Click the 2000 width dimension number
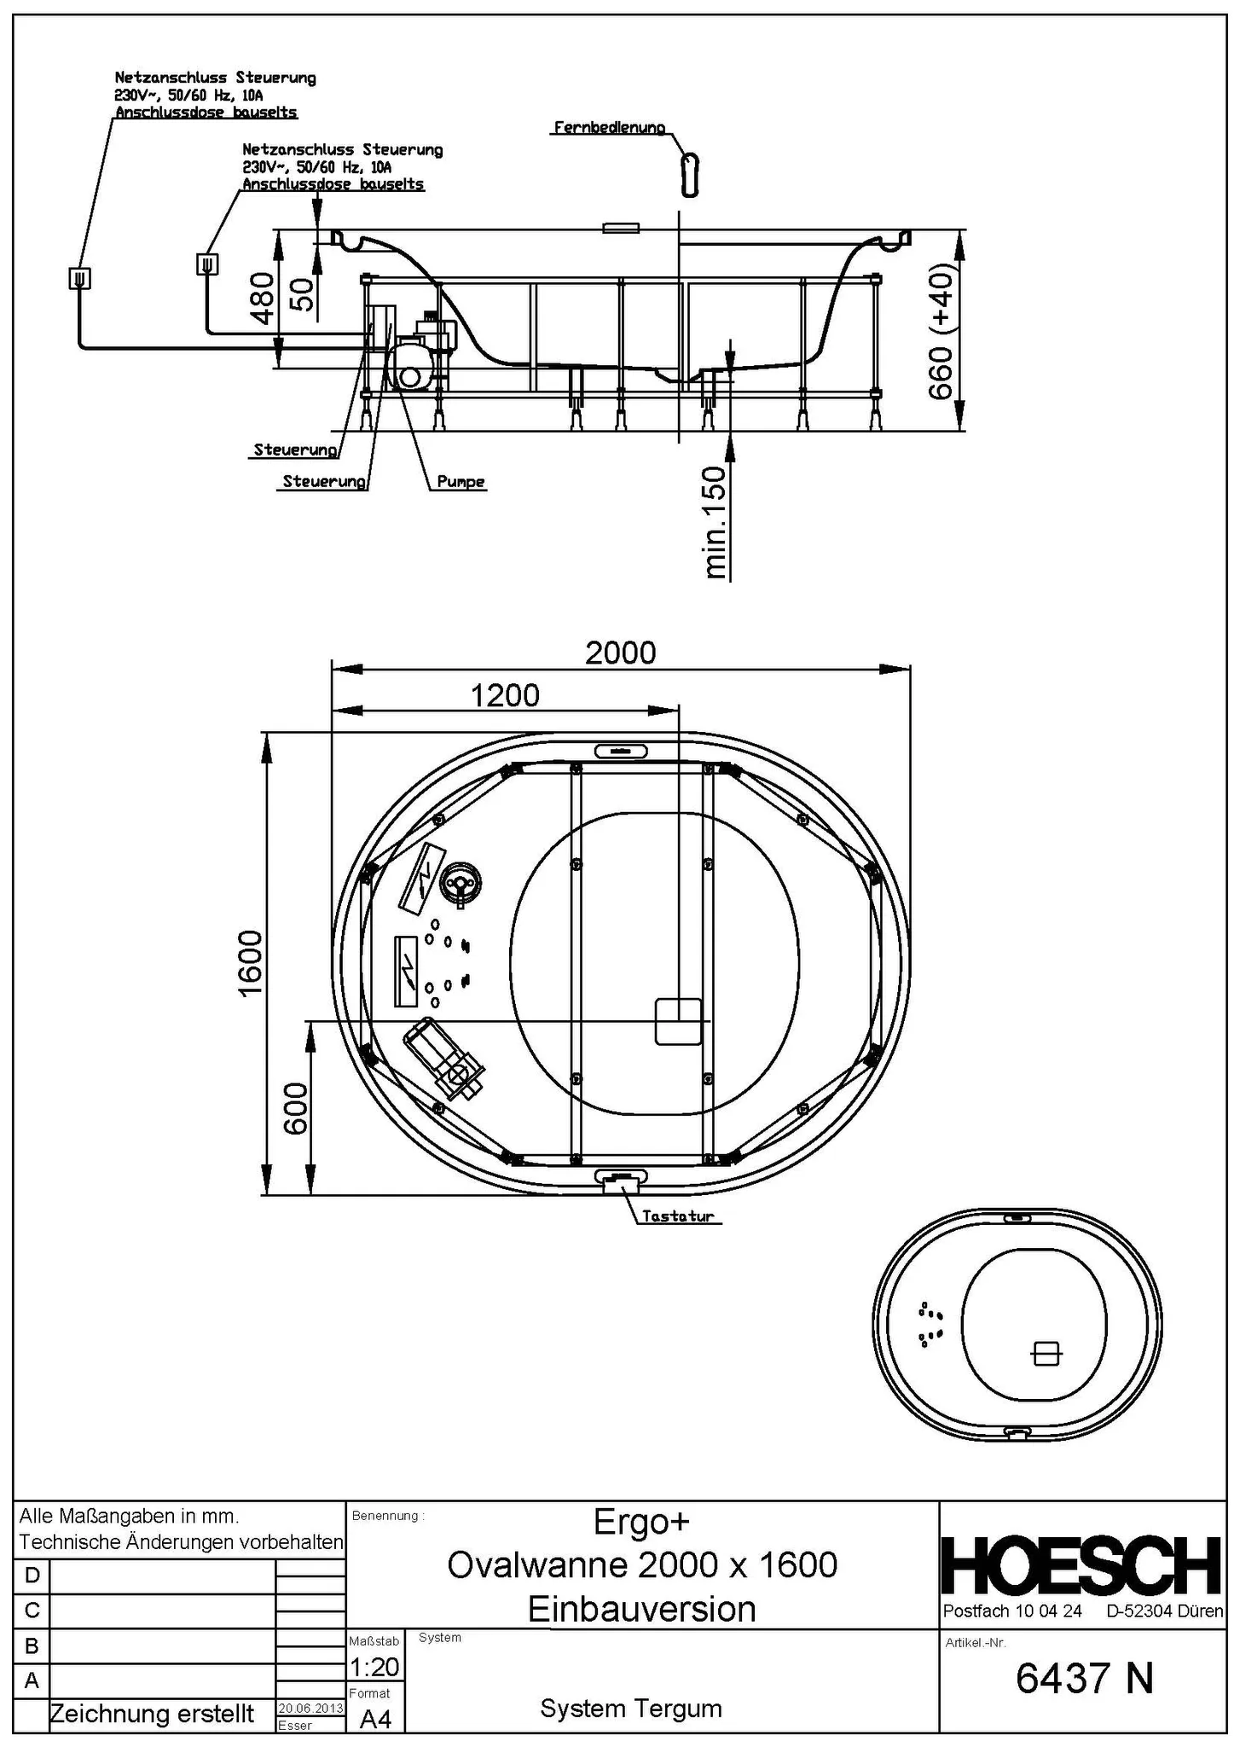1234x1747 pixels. [620, 653]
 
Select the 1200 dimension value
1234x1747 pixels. [505, 695]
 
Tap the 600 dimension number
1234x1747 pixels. [295, 1108]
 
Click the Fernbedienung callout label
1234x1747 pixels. [609, 128]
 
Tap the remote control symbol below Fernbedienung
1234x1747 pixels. [690, 175]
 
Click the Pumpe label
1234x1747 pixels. [461, 482]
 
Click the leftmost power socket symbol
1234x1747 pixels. [79, 278]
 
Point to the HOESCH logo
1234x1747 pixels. [1082, 1565]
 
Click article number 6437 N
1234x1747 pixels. [1084, 1679]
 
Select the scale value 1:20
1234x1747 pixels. [374, 1666]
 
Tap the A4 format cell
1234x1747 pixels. [375, 1719]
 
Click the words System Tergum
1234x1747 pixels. [631, 1708]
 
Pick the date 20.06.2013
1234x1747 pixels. [310, 1708]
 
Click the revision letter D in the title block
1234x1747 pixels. [32, 1575]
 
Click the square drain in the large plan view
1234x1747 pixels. [678, 1021]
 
